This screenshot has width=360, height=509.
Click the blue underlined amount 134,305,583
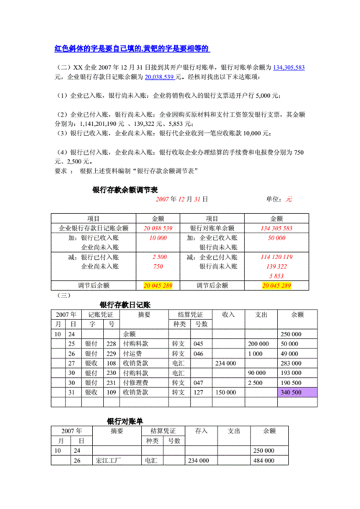click(x=289, y=67)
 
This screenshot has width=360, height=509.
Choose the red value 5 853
click(x=276, y=275)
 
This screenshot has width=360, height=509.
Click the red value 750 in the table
click(x=158, y=266)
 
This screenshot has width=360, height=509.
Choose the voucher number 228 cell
click(x=110, y=344)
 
